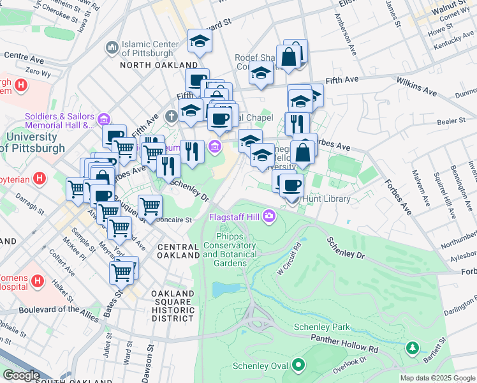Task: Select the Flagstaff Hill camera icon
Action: coord(270,218)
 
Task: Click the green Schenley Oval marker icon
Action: coord(298,366)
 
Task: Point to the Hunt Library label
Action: coord(326,199)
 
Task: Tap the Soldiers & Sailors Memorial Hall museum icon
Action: coord(104,118)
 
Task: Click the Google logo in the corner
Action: coord(21,375)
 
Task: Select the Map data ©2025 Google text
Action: coord(437,378)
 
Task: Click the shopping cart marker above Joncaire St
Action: coord(150,206)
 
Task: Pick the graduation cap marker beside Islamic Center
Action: coord(200,41)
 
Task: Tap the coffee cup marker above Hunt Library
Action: coord(292,185)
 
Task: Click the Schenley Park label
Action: coord(322,327)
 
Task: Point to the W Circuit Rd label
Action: coord(288,257)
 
